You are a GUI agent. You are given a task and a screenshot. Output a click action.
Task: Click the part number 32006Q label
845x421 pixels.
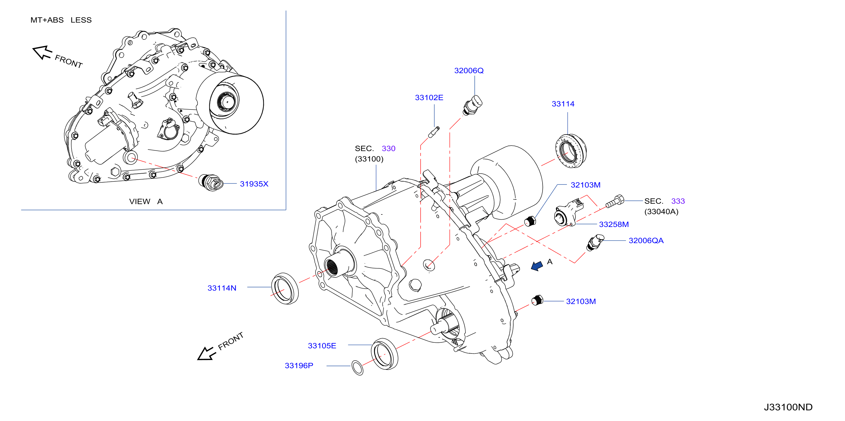[x=469, y=70]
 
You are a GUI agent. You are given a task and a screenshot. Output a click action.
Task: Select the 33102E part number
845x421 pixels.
[x=429, y=97]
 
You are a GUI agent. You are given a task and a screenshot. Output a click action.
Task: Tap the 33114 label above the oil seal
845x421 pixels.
[x=563, y=104]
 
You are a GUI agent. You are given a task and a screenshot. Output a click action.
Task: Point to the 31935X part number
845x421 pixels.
[x=254, y=184]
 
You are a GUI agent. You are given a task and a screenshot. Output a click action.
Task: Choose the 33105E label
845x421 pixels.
[x=322, y=346]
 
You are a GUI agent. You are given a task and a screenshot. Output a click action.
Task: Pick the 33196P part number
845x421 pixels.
[x=299, y=366]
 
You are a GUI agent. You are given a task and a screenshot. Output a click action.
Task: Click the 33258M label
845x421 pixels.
[x=614, y=224]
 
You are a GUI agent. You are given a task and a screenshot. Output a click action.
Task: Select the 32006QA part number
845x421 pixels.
[x=646, y=241]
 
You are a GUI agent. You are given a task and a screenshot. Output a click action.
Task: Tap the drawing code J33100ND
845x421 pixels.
[x=788, y=407]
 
